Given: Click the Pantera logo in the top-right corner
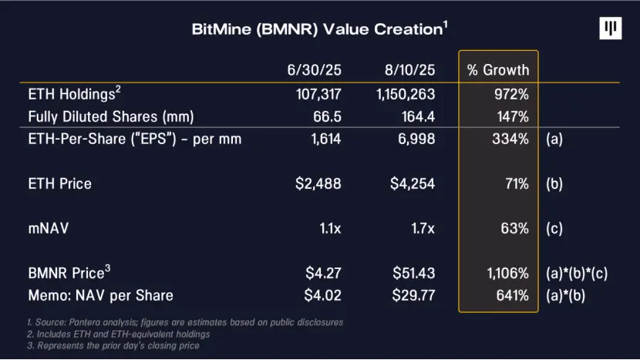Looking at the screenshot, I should (610, 29).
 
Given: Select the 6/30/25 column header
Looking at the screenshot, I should (315, 70).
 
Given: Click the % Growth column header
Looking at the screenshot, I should (498, 70).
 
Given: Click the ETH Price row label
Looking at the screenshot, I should (59, 183).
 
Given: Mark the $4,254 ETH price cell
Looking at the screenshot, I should (416, 183).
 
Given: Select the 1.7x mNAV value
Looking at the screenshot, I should (423, 228).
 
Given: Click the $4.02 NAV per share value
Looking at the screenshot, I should (323, 295).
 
